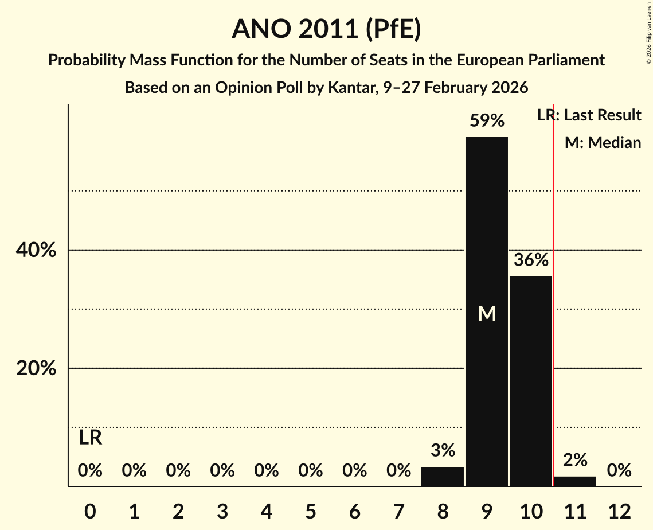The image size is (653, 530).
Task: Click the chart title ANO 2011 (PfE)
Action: pyautogui.click(x=326, y=29)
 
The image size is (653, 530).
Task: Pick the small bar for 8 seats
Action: pyautogui.click(x=443, y=477)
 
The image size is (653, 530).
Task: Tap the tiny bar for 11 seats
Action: pyautogui.click(x=575, y=481)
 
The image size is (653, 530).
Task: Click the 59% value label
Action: pyautogui.click(x=487, y=121)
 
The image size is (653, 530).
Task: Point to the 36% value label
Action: pyautogui.click(x=531, y=260)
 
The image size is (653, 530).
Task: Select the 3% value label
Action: pyautogui.click(x=443, y=451)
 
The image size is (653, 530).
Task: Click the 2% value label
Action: pyautogui.click(x=575, y=460)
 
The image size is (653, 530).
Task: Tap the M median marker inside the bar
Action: pyautogui.click(x=487, y=313)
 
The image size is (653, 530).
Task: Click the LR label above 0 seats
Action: pyautogui.click(x=90, y=438)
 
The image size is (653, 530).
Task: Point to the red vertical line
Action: pyautogui.click(x=553, y=344)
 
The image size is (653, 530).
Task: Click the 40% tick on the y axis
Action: pyautogui.click(x=36, y=251)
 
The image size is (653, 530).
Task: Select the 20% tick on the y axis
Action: pyautogui.click(x=36, y=368)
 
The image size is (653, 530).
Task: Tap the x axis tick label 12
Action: pyautogui.click(x=619, y=510)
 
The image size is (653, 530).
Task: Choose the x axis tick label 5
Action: pyautogui.click(x=310, y=510)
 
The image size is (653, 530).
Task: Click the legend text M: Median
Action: pyautogui.click(x=603, y=142)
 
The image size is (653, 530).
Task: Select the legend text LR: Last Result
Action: pyautogui.click(x=589, y=115)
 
